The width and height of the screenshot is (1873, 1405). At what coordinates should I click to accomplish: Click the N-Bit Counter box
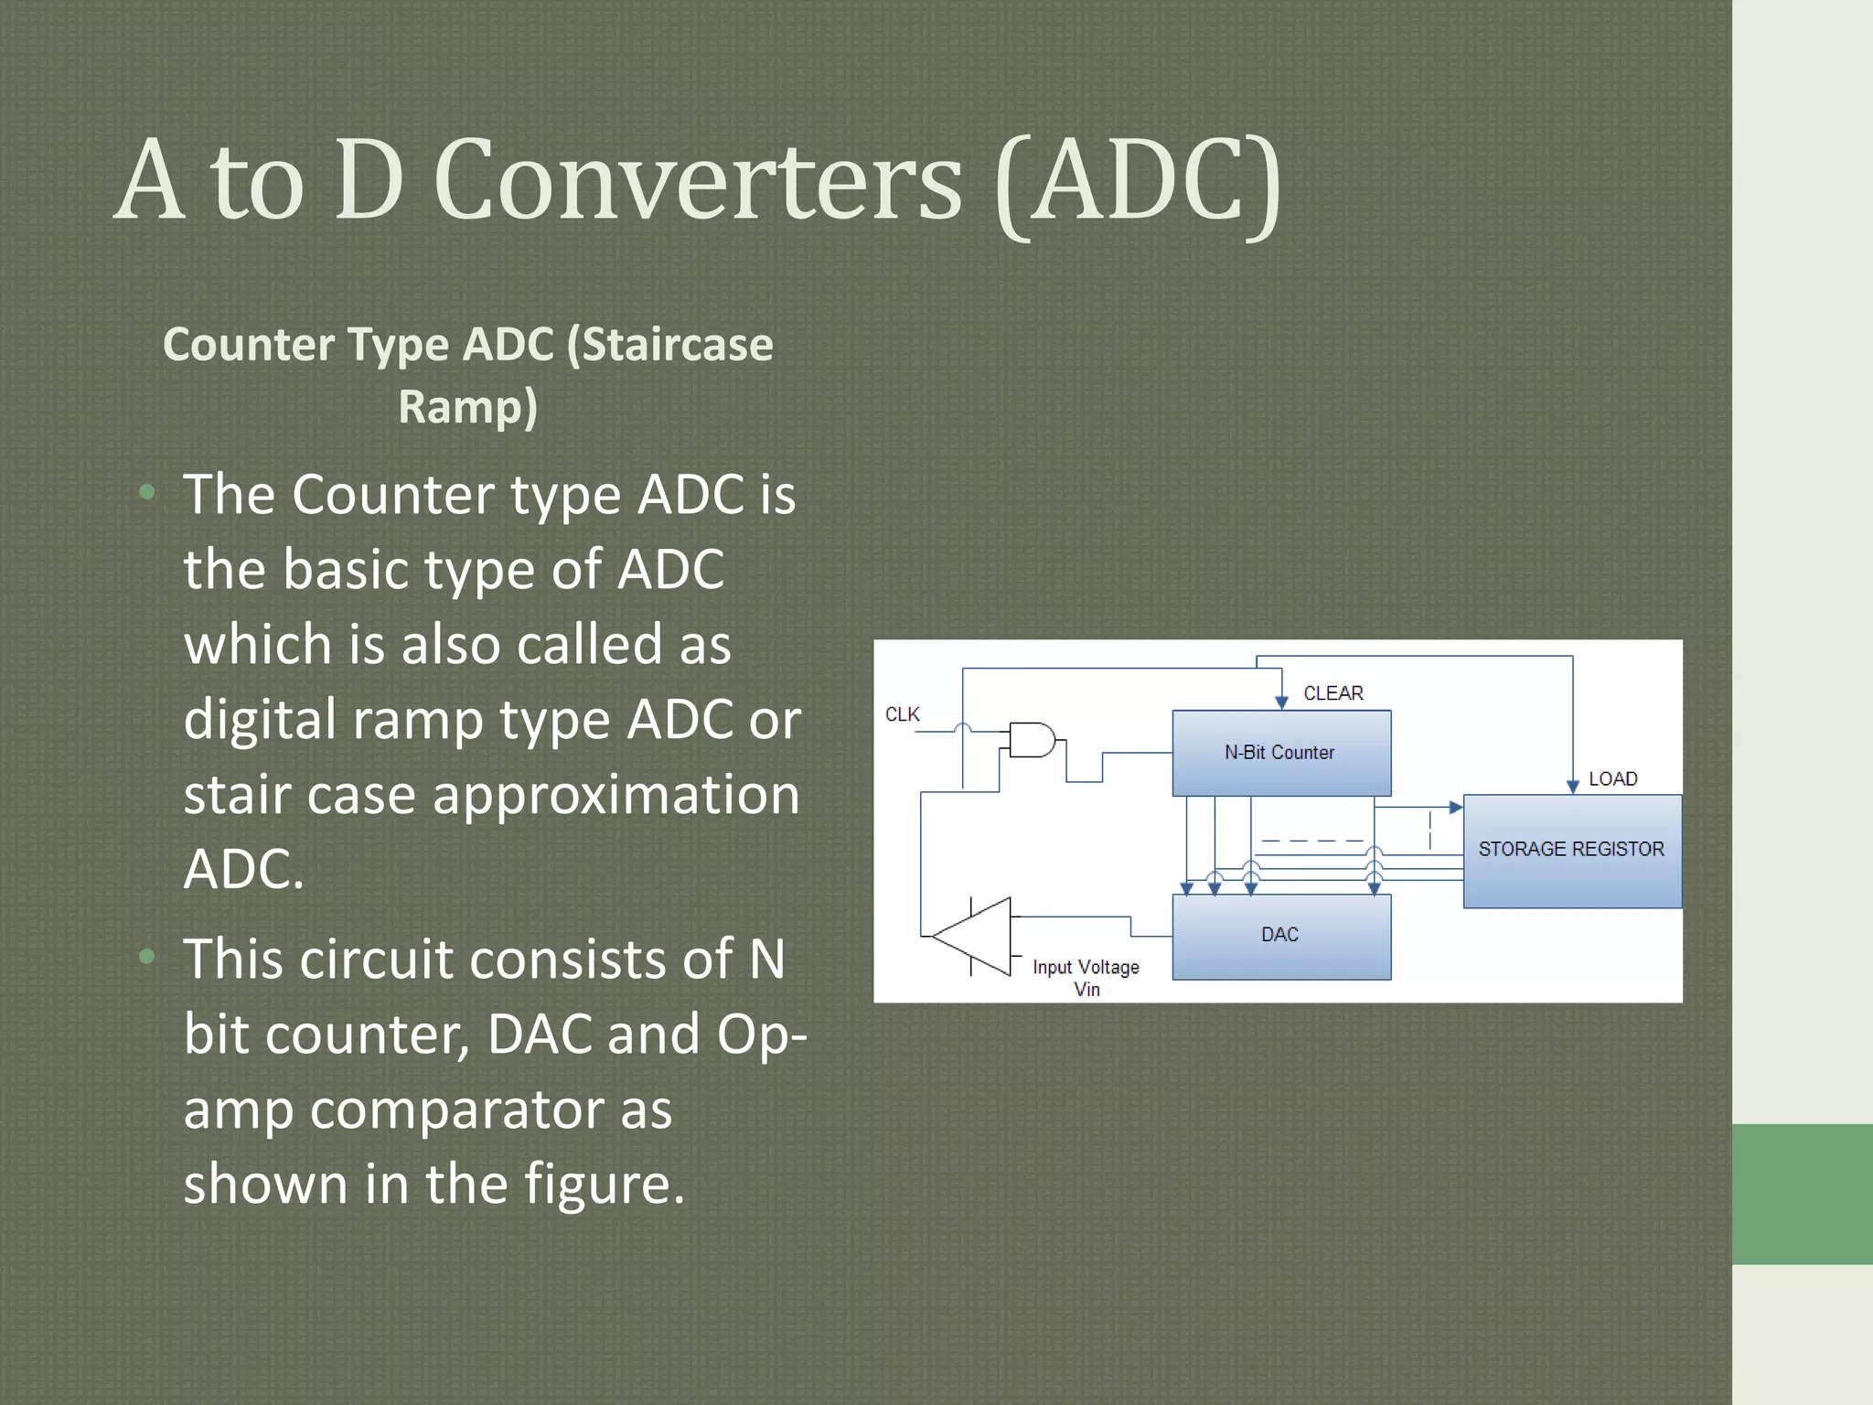click(1281, 753)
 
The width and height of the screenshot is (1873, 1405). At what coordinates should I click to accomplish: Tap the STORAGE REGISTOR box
click(1571, 850)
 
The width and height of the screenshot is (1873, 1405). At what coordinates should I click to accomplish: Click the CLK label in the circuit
click(902, 714)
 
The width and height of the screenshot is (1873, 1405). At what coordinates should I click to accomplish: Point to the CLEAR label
click(1333, 693)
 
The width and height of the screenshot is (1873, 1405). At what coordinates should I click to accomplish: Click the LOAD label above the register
click(1612, 779)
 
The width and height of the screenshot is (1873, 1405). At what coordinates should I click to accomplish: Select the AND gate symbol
click(1032, 739)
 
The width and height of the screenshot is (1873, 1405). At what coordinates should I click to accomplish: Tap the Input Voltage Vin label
click(1086, 978)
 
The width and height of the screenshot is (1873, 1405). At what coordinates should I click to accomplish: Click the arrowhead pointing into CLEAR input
click(1281, 702)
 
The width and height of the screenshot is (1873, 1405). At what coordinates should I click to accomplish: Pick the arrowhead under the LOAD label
click(1573, 787)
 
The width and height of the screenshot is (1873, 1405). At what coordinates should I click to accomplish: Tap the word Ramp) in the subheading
click(467, 406)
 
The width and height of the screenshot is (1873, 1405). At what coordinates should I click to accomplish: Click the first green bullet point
click(146, 493)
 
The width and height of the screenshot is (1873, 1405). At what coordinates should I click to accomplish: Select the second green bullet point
click(146, 957)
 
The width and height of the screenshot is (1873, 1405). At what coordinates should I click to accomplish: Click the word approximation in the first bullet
click(615, 794)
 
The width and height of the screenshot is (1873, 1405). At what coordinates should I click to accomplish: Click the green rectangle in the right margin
click(1802, 1194)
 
